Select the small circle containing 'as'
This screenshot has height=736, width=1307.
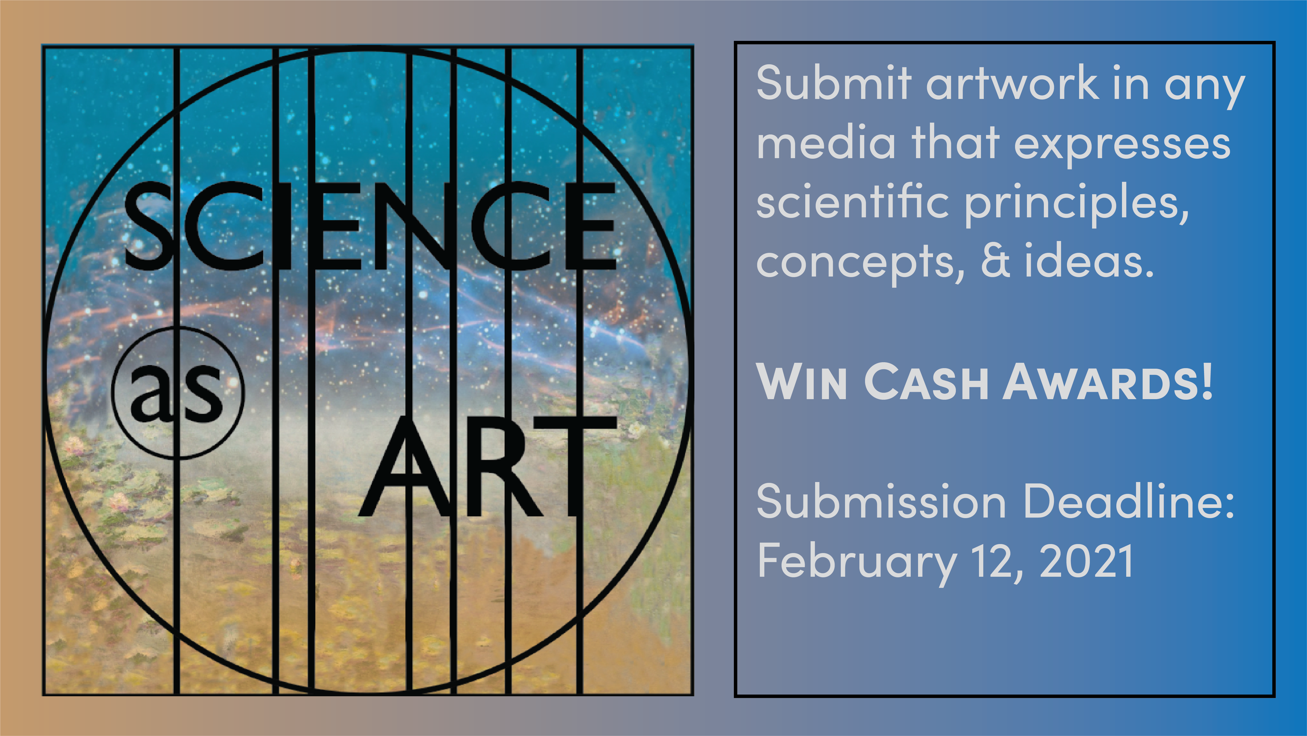click(178, 393)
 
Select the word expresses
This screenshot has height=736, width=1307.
click(1122, 145)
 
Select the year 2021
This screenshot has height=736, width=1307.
click(1086, 560)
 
